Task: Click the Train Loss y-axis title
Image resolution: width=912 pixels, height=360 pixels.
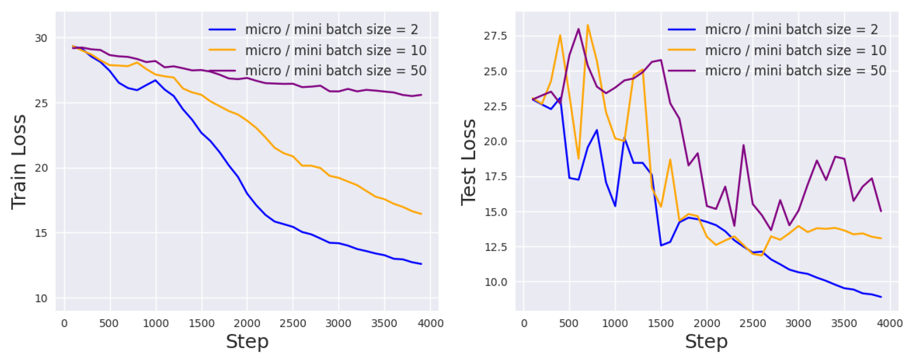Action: pos(19,162)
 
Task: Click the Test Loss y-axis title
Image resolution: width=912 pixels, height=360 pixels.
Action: pos(468,162)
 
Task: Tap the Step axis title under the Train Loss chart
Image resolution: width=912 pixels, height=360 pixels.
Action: pos(247,341)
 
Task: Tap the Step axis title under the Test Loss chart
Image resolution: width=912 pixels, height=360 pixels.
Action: pos(706,341)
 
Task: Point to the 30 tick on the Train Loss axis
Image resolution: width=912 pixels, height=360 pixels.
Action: pos(41,38)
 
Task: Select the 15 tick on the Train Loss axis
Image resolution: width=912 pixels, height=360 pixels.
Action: pos(41,233)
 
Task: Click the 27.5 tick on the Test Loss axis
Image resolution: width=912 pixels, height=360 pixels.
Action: pos(495,36)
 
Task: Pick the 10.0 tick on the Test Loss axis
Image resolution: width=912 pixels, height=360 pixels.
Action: pos(495,282)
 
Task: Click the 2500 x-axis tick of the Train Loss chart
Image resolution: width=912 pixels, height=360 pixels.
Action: pos(293,324)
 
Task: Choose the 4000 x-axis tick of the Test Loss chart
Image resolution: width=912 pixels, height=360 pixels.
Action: pos(889,324)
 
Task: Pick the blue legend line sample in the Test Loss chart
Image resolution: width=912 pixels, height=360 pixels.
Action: pos(682,30)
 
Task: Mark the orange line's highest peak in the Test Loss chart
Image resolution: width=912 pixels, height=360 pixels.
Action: pos(587,25)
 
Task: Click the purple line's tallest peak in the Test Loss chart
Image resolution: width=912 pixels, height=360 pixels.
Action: pos(578,29)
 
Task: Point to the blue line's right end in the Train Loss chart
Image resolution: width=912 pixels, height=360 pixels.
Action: pos(422,264)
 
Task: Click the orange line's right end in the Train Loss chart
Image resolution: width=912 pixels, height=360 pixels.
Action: pos(422,214)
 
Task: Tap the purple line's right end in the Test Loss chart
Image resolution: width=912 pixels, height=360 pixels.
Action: pos(880,211)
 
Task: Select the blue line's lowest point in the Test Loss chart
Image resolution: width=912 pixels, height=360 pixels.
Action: pos(880,297)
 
